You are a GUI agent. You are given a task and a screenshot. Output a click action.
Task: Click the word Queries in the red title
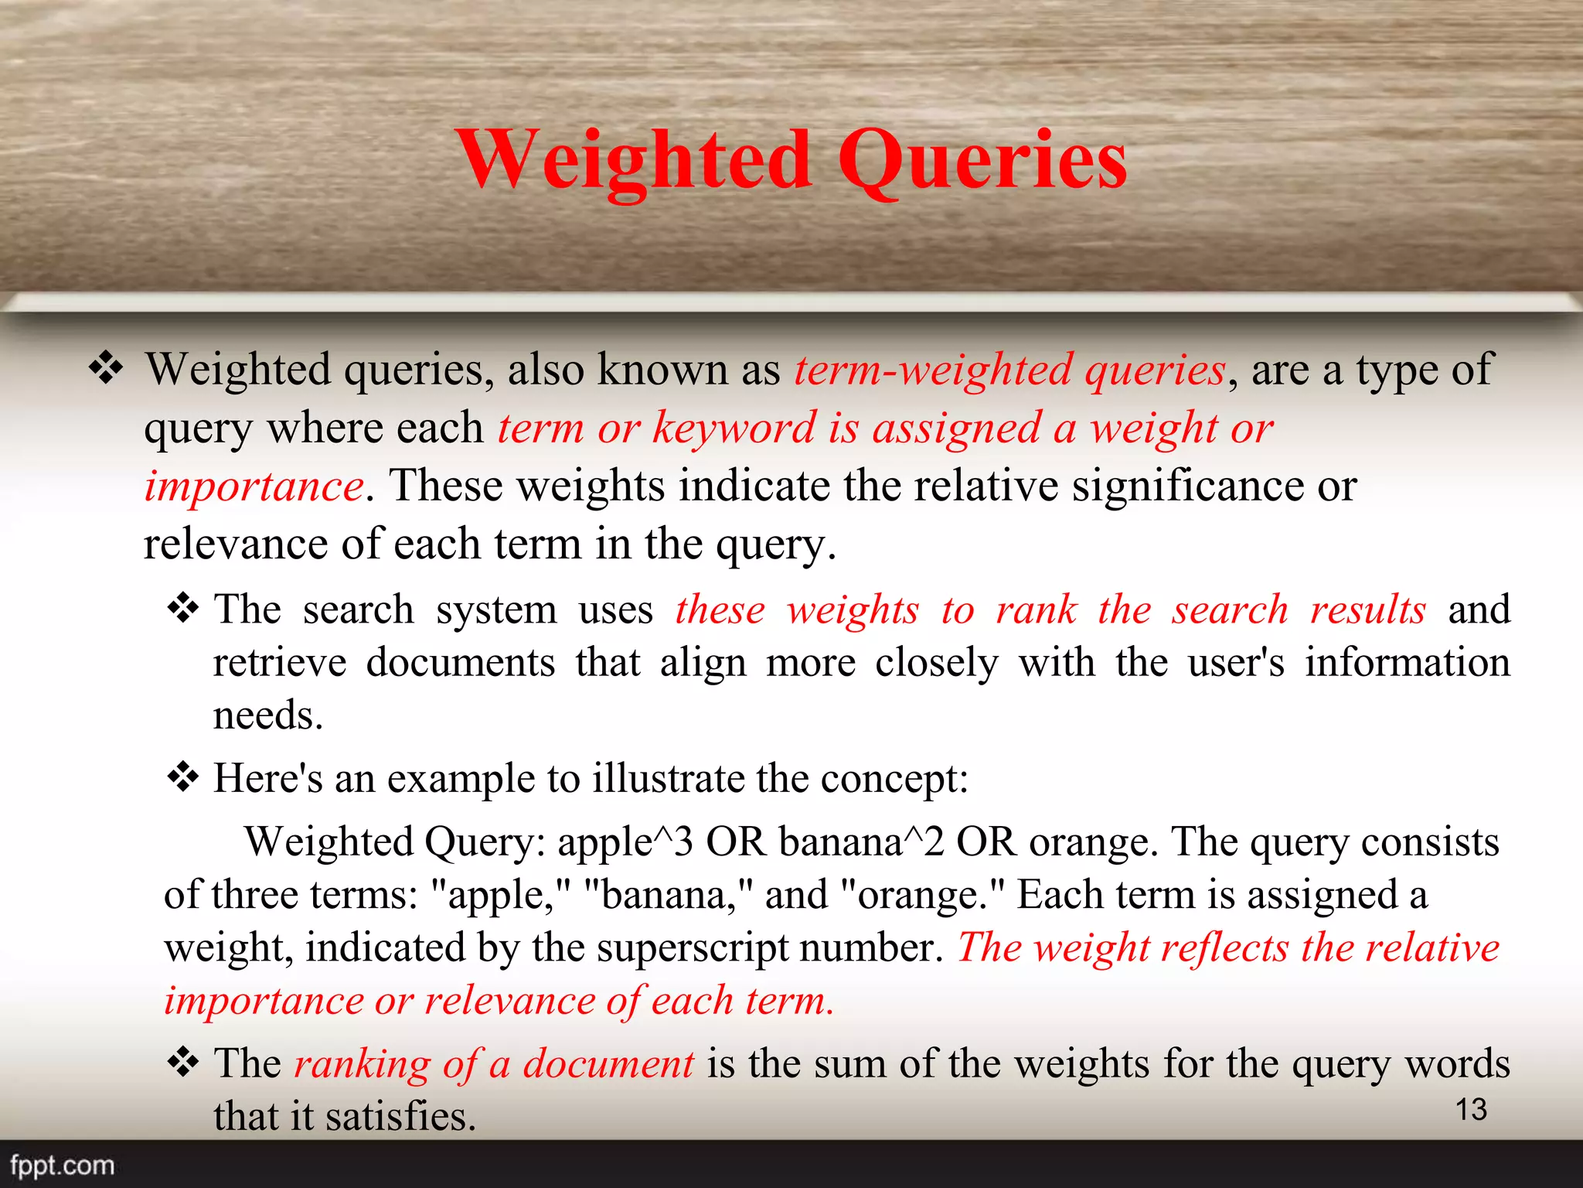point(982,160)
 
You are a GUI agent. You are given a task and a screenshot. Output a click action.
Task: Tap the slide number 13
point(1471,1109)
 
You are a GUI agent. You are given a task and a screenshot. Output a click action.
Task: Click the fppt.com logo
point(62,1165)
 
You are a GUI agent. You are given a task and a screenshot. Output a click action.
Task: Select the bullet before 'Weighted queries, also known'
point(106,368)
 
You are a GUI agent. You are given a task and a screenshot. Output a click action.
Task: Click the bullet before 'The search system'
point(183,609)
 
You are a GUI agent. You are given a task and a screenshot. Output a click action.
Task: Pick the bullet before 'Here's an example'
point(183,777)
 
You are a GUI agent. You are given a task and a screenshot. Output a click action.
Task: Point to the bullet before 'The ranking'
point(183,1063)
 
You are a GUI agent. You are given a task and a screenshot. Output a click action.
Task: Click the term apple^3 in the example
point(625,841)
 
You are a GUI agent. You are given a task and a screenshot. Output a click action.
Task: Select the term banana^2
point(861,841)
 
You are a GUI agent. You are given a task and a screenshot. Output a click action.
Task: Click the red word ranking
point(362,1064)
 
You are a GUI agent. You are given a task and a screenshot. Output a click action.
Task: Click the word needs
point(267,715)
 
